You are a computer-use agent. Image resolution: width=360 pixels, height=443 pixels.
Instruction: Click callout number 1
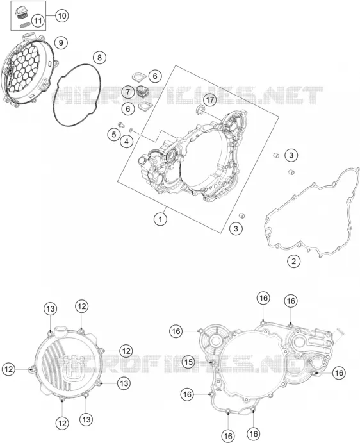click(x=160, y=219)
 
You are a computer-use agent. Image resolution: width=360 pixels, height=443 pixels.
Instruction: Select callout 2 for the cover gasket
click(x=293, y=261)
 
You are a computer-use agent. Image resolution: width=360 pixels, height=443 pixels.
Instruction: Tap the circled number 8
click(x=99, y=58)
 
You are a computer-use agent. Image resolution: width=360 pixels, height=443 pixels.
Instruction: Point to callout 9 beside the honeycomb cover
click(x=61, y=43)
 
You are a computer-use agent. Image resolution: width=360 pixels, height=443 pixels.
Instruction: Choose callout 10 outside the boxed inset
click(x=62, y=15)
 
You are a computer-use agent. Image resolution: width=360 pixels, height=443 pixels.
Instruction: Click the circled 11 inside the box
click(x=38, y=21)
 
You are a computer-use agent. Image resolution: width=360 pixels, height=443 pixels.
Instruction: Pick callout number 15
click(x=188, y=362)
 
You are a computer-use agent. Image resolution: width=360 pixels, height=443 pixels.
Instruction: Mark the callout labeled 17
click(x=210, y=100)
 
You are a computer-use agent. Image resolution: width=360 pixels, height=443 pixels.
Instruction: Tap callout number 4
click(x=126, y=141)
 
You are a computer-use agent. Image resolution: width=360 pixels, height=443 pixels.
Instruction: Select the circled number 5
click(x=114, y=134)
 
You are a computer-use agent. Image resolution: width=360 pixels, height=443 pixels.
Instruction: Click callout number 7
click(x=128, y=92)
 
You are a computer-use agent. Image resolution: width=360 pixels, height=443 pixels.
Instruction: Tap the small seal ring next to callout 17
click(x=200, y=110)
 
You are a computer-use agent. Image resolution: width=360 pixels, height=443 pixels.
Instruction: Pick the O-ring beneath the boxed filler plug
click(x=24, y=25)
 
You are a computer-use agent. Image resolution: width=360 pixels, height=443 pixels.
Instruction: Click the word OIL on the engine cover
click(x=218, y=389)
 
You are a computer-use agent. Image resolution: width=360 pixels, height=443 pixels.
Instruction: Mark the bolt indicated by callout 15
click(x=212, y=362)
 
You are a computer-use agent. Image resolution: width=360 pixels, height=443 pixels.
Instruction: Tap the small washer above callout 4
click(x=131, y=130)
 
